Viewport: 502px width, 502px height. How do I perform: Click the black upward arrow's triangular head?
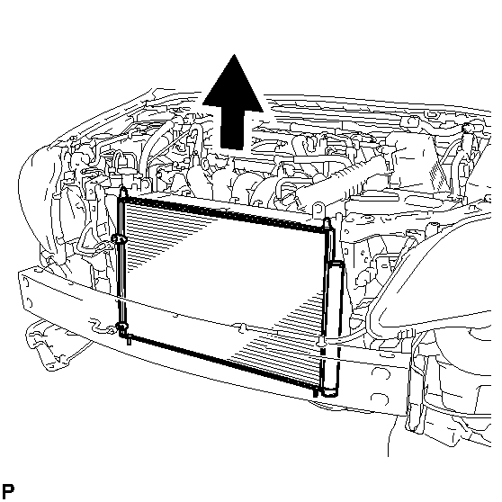click(233, 86)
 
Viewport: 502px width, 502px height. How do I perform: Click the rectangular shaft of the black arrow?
click(232, 130)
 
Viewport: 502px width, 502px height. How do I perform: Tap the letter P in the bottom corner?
click(8, 490)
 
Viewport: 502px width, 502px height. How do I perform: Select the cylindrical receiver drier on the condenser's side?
click(333, 328)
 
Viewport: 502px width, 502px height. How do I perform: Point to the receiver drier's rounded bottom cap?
click(330, 392)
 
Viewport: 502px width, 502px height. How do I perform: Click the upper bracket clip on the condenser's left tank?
click(118, 238)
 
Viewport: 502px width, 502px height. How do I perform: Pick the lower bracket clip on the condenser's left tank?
click(122, 327)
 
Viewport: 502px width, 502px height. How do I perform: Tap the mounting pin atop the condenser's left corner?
click(122, 192)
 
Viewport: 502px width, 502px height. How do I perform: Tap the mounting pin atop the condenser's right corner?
click(327, 222)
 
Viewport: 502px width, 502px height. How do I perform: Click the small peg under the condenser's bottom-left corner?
click(129, 340)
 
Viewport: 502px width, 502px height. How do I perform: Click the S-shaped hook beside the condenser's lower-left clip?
click(102, 326)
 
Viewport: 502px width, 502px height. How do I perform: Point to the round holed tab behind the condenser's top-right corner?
click(318, 210)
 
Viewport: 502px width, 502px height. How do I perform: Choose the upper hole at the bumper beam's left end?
click(25, 283)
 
